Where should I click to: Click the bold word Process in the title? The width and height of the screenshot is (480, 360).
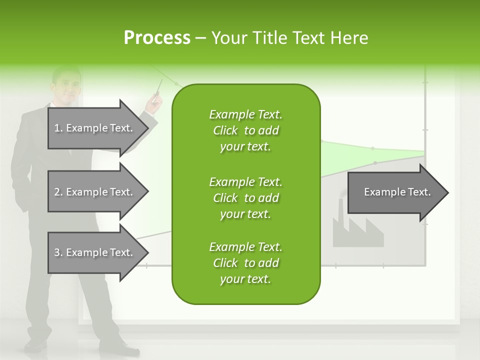[x=157, y=38]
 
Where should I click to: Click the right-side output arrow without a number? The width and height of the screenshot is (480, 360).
[x=395, y=192]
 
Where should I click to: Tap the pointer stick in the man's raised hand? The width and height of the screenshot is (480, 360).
[x=159, y=88]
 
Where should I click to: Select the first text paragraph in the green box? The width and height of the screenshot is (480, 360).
[x=245, y=130]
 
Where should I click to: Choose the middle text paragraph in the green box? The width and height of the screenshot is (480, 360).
[x=245, y=197]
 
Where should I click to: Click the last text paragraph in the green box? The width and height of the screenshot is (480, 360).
[x=245, y=263]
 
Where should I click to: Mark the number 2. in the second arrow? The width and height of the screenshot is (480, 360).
[x=58, y=192]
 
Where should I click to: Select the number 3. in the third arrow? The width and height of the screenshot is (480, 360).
[x=58, y=252]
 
